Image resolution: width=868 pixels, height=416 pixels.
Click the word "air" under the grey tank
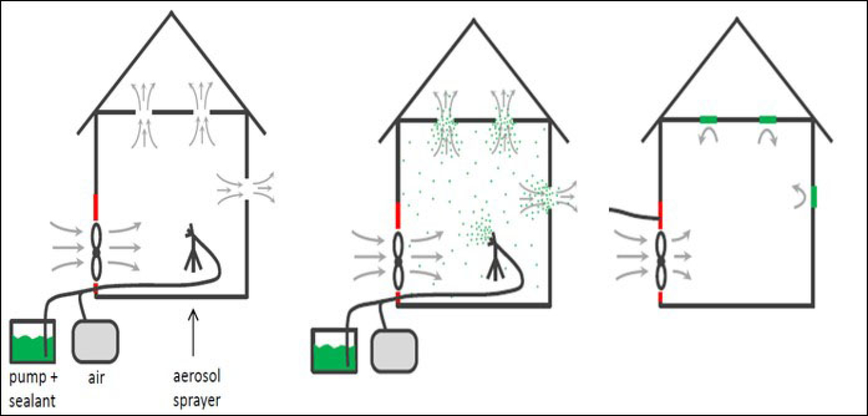pos(96,378)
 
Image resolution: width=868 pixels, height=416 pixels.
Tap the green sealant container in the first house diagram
pos(32,341)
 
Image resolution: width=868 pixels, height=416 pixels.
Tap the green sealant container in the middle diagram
pos(334,350)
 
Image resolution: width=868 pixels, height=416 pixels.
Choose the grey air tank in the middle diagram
pos(394,350)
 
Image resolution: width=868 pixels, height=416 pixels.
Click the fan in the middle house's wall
pos(399,260)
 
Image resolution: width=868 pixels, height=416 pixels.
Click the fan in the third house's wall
pos(661,260)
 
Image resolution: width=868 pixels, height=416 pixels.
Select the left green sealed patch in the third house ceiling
pos(709,119)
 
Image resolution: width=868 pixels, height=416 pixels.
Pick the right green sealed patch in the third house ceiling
pos(768,119)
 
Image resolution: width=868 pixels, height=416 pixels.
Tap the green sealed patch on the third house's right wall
pos(813,197)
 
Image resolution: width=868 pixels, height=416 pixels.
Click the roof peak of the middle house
pos(474,21)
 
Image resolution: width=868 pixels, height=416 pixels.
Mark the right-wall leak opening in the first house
pos(247,187)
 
